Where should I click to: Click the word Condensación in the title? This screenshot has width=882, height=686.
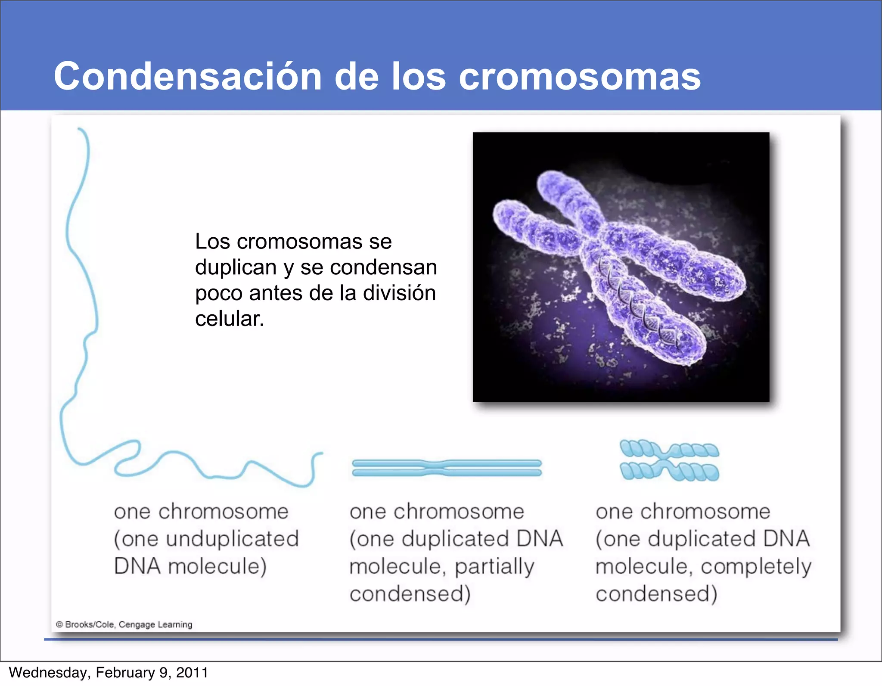click(188, 77)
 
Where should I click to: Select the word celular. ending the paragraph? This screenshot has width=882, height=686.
click(229, 319)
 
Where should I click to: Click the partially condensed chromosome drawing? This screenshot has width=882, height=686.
click(447, 468)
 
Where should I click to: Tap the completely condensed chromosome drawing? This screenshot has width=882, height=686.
click(669, 460)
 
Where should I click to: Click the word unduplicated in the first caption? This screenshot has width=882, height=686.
click(233, 539)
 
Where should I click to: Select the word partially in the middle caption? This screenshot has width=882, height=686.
click(494, 567)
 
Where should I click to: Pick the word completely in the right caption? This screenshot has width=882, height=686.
click(756, 567)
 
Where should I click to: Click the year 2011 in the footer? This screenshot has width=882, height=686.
click(192, 673)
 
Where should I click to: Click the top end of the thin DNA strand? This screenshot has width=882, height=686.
click(80, 129)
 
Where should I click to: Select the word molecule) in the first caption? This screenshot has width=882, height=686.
click(217, 567)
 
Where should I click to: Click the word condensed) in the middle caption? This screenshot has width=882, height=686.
click(410, 594)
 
